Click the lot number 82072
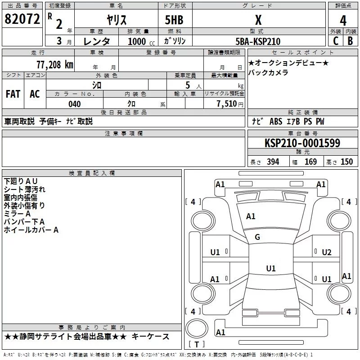[x=22, y=19]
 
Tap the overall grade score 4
[x=343, y=20]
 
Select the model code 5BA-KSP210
[x=258, y=42]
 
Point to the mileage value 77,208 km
[x=54, y=64]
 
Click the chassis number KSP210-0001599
[x=302, y=144]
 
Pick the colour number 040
[x=74, y=104]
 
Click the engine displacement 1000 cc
[x=139, y=42]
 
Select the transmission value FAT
[x=13, y=94]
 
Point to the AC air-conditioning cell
[x=35, y=94]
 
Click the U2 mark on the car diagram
[x=327, y=252]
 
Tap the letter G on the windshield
[x=257, y=237]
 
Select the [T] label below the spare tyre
[x=196, y=345]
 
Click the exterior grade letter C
[x=335, y=41]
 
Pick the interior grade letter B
[x=350, y=41]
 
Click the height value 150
[x=346, y=162]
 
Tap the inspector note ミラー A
[x=17, y=214]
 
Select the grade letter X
[x=258, y=20]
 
